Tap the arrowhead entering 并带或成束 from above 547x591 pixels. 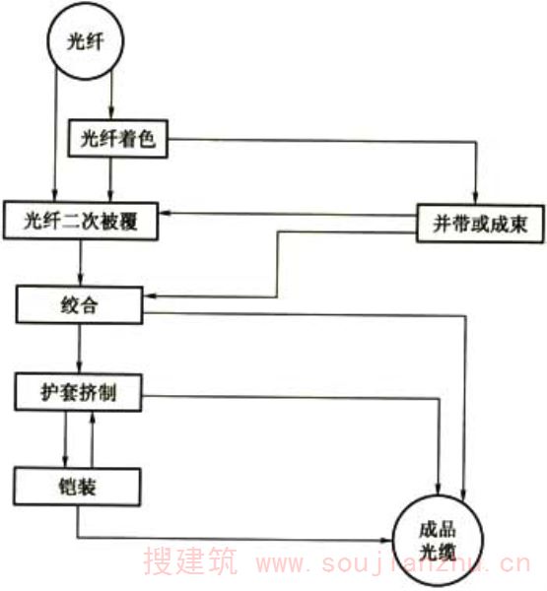476,197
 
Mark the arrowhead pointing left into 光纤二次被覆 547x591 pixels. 166,214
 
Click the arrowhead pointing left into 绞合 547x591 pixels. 150,296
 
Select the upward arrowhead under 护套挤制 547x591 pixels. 92,418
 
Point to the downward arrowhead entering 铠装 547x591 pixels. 65,461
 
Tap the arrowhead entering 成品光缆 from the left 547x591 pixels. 385,540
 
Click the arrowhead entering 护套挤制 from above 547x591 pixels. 79,366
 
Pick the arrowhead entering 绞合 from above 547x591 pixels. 80,280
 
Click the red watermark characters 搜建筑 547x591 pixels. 190,561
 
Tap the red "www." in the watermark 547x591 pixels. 286,563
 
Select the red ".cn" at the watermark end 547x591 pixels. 509,563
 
